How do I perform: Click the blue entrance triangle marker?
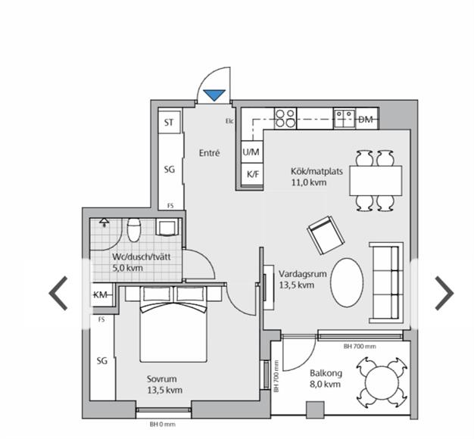[214, 95]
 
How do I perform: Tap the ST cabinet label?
[169, 123]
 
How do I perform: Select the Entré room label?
[209, 153]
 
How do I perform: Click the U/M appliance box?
[252, 151]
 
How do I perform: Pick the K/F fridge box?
[252, 174]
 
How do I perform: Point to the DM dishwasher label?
[366, 120]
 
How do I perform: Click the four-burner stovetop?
[285, 118]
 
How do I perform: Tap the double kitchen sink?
[345, 118]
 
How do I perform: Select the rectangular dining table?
[376, 180]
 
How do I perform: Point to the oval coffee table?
[347, 282]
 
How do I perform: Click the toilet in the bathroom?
[134, 230]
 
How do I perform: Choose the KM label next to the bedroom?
[100, 294]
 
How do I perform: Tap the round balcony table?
[381, 382]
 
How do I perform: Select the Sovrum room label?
[162, 379]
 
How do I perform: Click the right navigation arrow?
[444, 293]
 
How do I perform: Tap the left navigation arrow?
[58, 293]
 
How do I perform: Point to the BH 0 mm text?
[162, 425]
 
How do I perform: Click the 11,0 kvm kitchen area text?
[309, 182]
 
